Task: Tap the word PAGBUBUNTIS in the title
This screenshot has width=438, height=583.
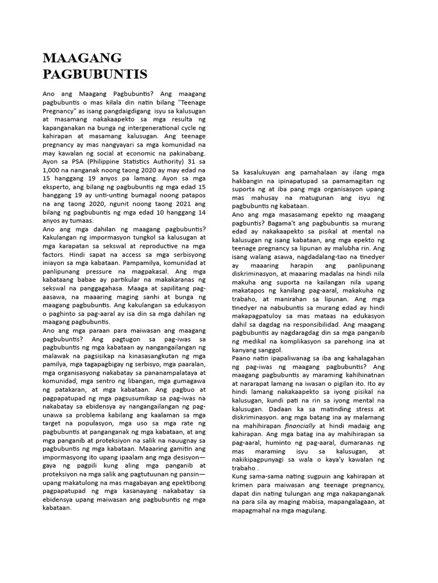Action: [x=95, y=74]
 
